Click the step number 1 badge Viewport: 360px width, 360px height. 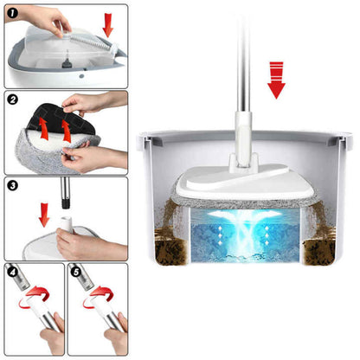13,13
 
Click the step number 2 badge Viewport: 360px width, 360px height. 13,100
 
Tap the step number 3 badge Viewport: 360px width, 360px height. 13,186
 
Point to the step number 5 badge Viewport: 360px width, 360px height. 76,272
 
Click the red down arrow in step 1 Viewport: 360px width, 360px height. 108,25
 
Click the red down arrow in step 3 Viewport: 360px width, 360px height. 44,215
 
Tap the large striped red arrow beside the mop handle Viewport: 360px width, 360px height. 276,80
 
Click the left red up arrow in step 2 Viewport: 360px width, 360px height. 43,129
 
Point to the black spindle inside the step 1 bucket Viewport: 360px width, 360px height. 67,62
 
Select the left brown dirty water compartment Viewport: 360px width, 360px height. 172,250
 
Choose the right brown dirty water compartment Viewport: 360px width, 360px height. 318,251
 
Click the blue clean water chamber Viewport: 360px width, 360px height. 245,235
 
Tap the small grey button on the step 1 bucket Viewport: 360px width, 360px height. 81,77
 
